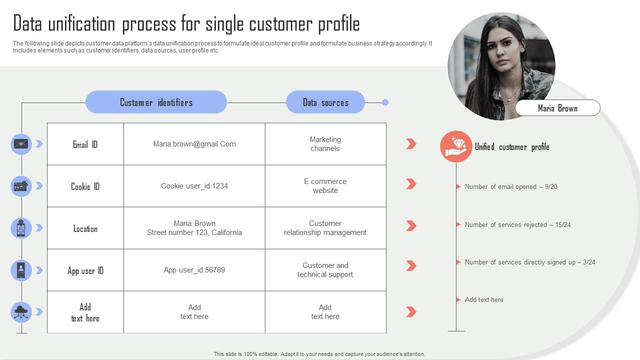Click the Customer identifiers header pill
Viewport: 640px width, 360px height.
[156, 102]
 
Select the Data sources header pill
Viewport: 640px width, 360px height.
[325, 102]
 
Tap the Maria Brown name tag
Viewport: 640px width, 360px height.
[557, 107]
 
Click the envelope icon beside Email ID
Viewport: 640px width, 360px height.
[21, 144]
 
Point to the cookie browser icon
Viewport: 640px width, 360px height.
[21, 186]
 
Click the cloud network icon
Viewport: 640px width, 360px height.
[21, 312]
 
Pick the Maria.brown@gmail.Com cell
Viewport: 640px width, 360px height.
[194, 144]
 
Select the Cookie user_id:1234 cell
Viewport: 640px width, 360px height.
[194, 186]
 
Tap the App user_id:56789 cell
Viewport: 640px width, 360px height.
[194, 270]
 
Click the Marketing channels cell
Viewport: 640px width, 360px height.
[325, 144]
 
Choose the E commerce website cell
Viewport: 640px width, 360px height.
[325, 186]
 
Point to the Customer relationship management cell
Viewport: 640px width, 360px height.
[325, 228]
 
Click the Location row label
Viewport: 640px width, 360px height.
[85, 228]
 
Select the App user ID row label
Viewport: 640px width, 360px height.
[85, 270]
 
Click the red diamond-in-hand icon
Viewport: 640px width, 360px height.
[456, 146]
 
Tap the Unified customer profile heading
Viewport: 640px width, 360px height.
[512, 147]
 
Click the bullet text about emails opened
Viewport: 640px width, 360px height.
[511, 186]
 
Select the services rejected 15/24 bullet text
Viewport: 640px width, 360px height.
[517, 224]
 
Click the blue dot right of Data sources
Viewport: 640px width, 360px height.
[385, 102]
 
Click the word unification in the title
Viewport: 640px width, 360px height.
[81, 23]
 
